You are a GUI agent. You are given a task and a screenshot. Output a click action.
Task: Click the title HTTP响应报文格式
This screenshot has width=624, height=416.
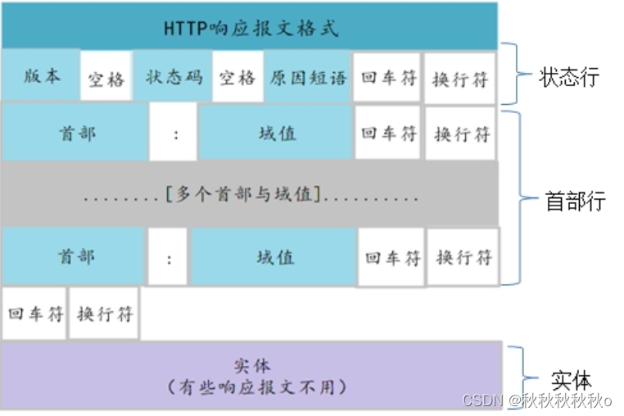(x=250, y=28)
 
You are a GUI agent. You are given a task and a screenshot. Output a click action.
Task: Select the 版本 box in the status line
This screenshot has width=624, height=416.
(x=41, y=77)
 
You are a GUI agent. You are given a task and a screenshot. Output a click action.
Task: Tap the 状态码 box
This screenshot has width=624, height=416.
(x=173, y=77)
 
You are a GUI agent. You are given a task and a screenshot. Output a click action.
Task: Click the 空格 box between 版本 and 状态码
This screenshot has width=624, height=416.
(x=106, y=79)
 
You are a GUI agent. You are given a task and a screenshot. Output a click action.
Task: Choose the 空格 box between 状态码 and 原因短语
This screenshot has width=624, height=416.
(x=237, y=78)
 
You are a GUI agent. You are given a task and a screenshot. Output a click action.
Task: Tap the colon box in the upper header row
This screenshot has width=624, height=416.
(x=174, y=133)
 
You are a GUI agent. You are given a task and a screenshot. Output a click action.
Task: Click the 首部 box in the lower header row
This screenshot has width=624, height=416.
(x=75, y=256)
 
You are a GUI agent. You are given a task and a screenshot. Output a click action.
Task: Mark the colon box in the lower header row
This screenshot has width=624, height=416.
(x=170, y=258)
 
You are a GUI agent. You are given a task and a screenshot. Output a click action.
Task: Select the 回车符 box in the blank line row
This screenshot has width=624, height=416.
(x=35, y=314)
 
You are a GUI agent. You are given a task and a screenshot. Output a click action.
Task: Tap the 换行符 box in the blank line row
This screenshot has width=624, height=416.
(x=104, y=314)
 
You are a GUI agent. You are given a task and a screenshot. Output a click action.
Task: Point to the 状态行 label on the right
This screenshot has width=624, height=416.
(x=568, y=77)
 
